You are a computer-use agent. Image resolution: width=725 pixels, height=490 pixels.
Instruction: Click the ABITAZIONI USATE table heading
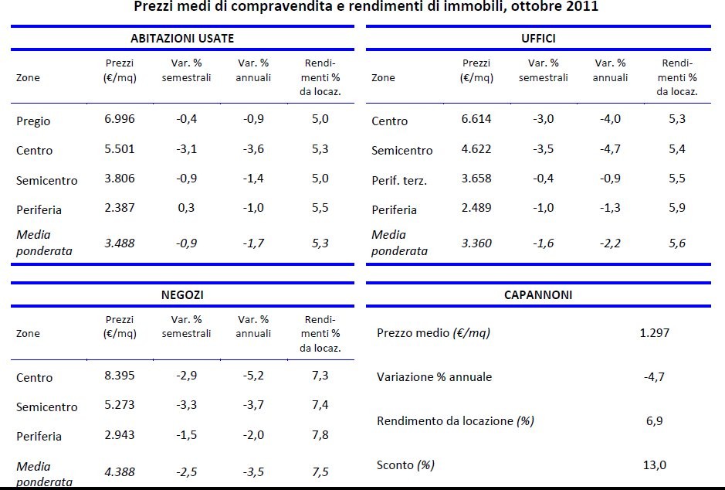(181, 38)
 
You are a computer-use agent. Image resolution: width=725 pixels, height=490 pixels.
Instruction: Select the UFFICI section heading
(537, 38)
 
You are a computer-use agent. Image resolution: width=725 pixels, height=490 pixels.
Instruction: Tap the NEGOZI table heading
(182, 294)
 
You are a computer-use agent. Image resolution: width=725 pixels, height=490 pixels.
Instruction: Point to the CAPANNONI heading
(537, 294)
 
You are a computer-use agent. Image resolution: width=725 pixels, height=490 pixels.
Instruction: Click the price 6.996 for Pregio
(119, 119)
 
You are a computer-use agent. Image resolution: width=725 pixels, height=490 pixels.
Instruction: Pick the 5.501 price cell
(119, 149)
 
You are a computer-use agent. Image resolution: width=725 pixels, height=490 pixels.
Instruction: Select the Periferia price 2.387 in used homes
(119, 209)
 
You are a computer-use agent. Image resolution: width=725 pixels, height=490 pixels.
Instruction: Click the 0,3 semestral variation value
(186, 209)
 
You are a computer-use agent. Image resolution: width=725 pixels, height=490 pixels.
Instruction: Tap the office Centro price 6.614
(476, 119)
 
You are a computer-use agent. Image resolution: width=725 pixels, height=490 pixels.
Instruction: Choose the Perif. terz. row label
(398, 181)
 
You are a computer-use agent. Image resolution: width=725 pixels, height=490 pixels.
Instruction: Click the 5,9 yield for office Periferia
(677, 209)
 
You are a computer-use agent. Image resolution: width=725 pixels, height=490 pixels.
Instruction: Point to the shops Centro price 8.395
(119, 376)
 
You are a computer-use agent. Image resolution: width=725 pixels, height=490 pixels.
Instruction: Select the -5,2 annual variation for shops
(252, 376)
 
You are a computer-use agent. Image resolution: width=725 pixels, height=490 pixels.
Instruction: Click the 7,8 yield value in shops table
(320, 435)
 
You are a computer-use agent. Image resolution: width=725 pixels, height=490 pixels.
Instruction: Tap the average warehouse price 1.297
(654, 333)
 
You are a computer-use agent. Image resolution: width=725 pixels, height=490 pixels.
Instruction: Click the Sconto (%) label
(405, 465)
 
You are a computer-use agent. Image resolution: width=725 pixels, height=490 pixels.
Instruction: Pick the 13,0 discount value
(654, 465)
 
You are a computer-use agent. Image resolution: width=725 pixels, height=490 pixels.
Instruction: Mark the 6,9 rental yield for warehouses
(654, 421)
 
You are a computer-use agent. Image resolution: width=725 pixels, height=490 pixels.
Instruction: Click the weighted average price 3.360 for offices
(476, 243)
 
